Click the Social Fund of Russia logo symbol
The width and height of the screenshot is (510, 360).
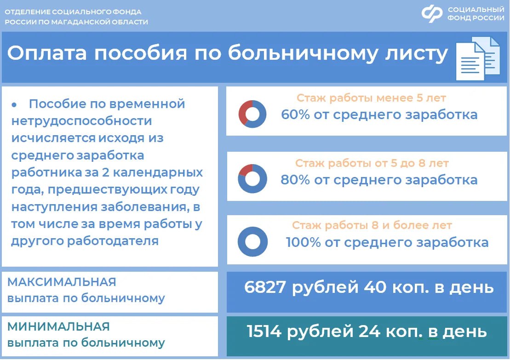432,13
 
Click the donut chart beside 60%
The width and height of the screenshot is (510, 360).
252,114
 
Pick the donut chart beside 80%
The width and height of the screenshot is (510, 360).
252,178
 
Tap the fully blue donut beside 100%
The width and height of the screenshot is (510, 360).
252,241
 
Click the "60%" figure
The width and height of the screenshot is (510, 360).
295,114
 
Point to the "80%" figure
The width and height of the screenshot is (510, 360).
295,179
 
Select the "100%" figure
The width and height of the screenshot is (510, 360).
303,242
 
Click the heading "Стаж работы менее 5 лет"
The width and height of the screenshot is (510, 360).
371,98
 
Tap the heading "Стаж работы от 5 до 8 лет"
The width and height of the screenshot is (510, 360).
372,163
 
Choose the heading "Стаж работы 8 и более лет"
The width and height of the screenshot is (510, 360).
372,226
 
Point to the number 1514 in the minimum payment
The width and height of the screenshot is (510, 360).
265,331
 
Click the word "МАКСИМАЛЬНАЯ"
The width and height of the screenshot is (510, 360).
62,282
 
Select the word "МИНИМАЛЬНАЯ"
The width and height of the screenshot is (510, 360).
58,327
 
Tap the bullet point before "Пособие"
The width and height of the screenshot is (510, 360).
14,105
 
